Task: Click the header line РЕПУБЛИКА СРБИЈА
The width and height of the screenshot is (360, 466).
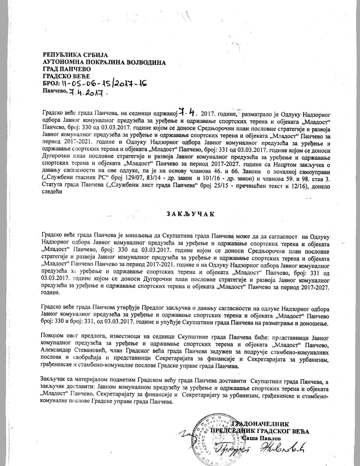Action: [75, 54]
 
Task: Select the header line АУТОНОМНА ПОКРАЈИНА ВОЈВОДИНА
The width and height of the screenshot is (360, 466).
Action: [104, 62]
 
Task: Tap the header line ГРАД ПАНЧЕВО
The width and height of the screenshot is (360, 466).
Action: [67, 69]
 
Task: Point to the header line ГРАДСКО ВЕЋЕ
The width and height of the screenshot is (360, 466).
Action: [66, 76]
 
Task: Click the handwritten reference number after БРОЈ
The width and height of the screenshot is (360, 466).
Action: [104, 84]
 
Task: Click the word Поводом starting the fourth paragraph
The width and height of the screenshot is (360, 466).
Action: [52, 337]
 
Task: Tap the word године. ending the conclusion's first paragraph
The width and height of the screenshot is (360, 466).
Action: [50, 292]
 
